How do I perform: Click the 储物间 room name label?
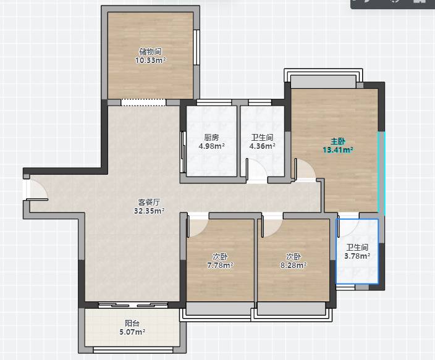150,52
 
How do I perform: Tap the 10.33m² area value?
150,60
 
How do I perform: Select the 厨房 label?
211,137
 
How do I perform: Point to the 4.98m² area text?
211,146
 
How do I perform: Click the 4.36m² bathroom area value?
262,146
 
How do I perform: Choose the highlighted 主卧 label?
338,141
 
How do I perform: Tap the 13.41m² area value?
338,150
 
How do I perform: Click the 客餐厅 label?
150,202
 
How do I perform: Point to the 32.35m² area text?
150,211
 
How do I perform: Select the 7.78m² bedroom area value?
220,265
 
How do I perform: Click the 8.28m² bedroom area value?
294,265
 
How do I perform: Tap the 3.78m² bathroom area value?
357,256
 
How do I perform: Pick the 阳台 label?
132,323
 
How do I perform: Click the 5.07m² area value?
132,332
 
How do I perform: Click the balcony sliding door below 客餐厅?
133,305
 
